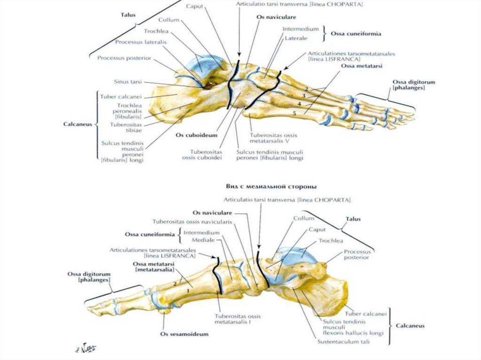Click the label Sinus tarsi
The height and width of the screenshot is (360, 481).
pyautogui.click(x=128, y=81)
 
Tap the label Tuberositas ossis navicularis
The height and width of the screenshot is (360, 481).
pyautogui.click(x=192, y=222)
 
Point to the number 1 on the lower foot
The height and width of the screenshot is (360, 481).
pyautogui.click(x=188, y=291)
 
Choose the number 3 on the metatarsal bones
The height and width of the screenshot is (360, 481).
pyautogui.click(x=303, y=96)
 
